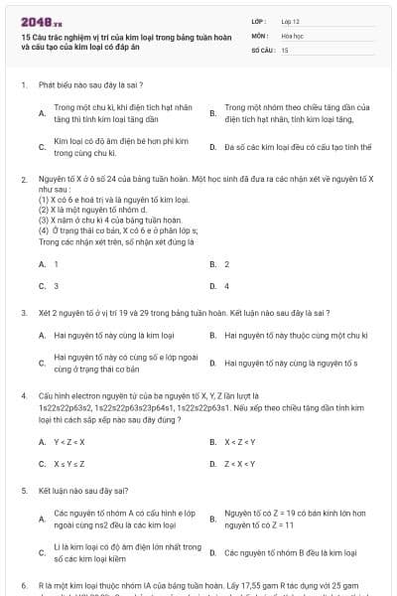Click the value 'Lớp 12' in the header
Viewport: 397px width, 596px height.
tap(291, 20)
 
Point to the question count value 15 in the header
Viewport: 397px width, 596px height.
tap(285, 49)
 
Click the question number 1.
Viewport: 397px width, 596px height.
tap(23, 85)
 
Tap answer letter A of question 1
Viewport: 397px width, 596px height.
tap(42, 112)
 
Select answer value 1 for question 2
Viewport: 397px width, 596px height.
tap(56, 264)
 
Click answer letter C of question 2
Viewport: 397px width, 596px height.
tap(42, 286)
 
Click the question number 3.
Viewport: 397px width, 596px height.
tap(23, 311)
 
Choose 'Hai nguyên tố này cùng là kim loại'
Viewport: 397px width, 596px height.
tap(114, 335)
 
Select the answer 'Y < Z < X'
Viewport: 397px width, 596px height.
tap(68, 441)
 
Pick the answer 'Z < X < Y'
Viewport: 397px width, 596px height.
tap(239, 463)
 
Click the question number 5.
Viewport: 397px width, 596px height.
tap(23, 491)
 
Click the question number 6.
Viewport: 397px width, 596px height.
tap(23, 586)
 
